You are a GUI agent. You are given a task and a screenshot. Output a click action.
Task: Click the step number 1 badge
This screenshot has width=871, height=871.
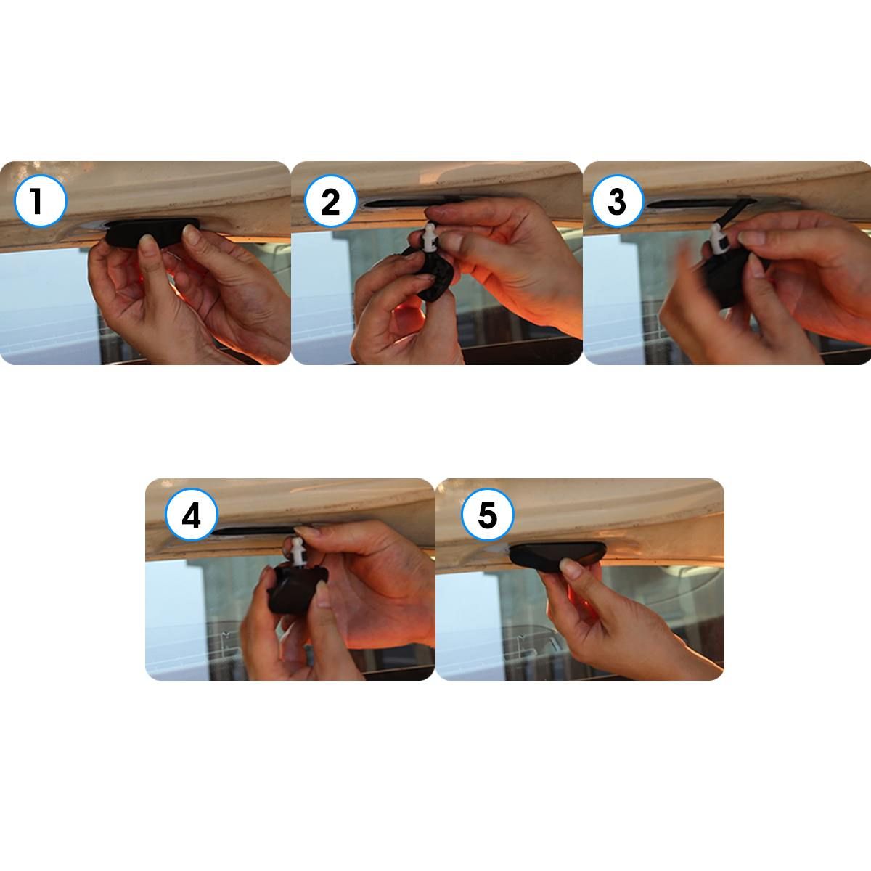point(40,201)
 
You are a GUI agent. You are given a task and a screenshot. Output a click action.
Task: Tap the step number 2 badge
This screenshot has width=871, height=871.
point(331,201)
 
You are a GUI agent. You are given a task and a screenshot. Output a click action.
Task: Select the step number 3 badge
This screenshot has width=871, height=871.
point(618,201)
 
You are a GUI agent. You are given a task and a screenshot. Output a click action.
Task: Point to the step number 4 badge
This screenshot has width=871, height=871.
point(192,515)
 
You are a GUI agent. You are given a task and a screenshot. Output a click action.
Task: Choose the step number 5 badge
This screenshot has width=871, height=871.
point(488,515)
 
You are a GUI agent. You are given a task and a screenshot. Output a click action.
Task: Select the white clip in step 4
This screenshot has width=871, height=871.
point(298,552)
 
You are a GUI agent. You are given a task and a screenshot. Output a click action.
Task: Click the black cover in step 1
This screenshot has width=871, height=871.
point(152,232)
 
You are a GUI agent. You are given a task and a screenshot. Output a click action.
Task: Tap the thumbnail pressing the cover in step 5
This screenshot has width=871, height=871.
point(571,567)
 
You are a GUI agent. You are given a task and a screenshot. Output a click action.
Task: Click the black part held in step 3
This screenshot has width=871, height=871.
point(728,276)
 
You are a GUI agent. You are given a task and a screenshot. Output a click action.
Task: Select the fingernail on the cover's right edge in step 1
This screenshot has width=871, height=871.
point(192,234)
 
